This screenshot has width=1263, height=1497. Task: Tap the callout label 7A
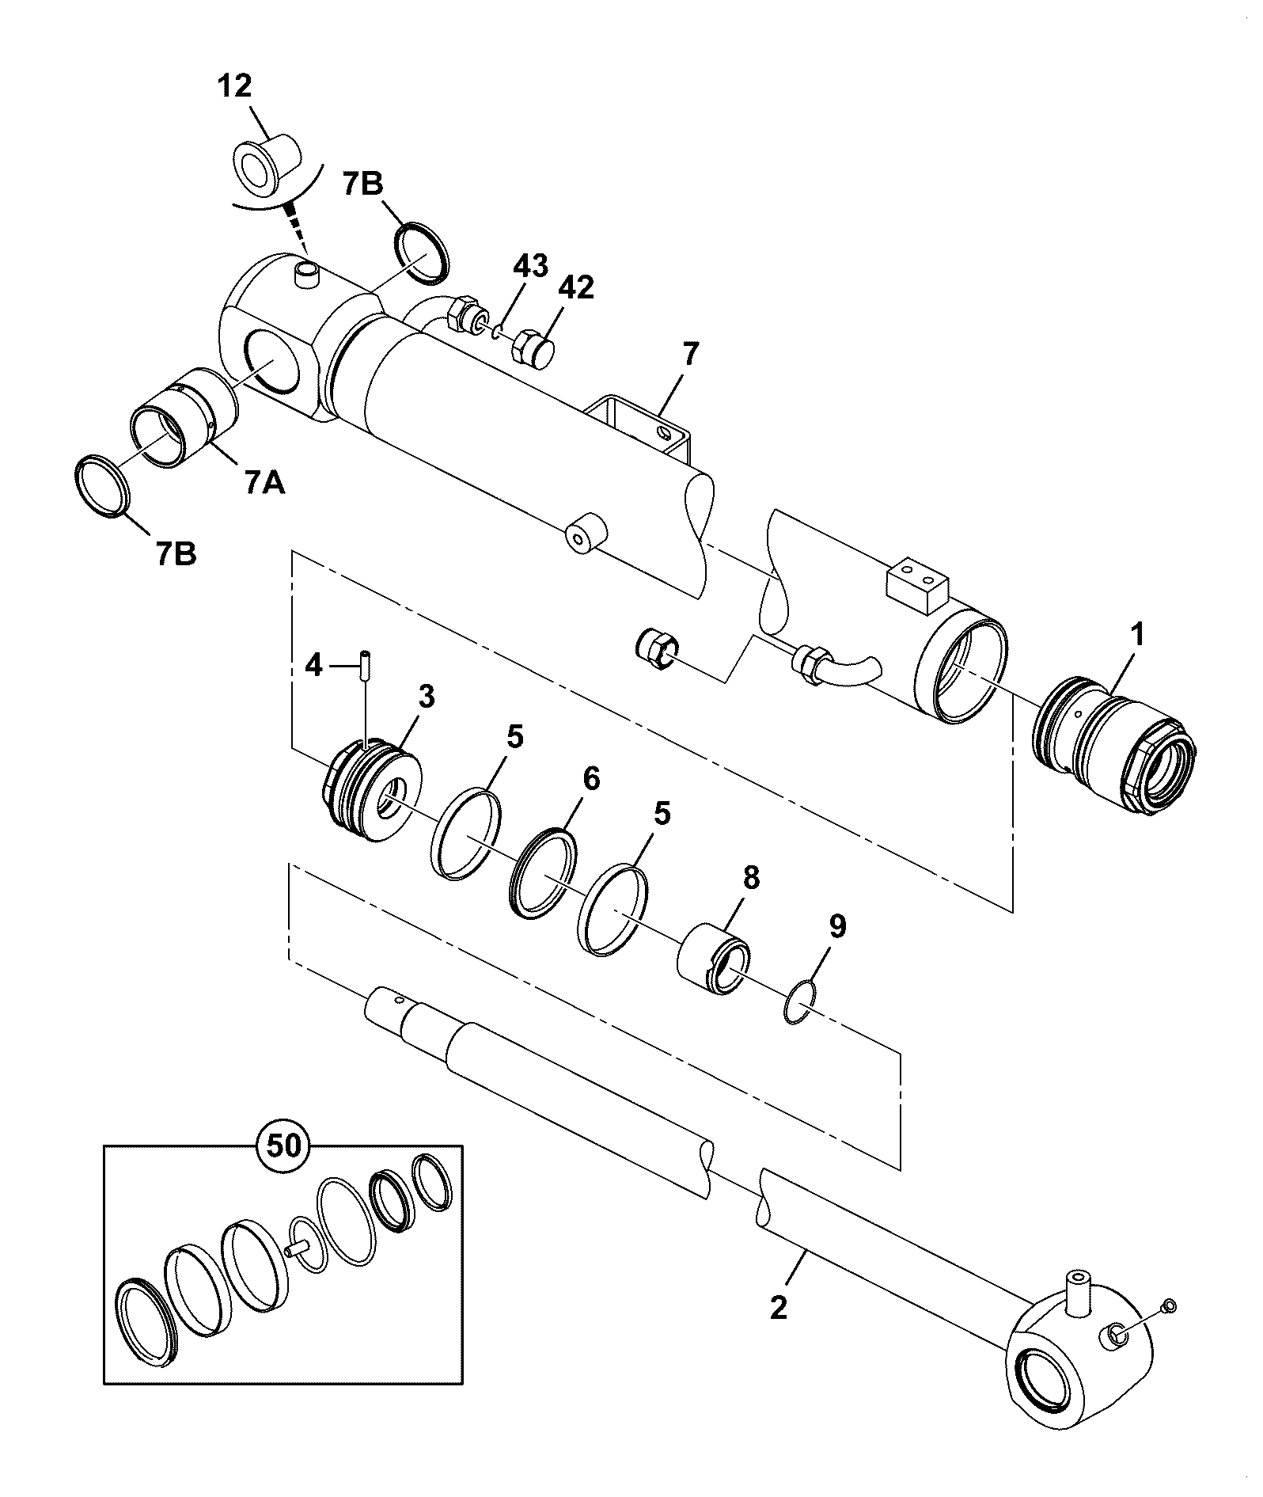click(x=264, y=482)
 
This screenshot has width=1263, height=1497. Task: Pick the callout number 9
click(x=837, y=925)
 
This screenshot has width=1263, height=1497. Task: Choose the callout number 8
click(x=750, y=878)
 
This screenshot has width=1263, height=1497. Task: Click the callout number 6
click(x=591, y=780)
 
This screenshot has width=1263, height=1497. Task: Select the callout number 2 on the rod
click(x=779, y=1307)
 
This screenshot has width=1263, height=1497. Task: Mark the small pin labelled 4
click(x=366, y=665)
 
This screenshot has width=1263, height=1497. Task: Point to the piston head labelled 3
click(x=371, y=791)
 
